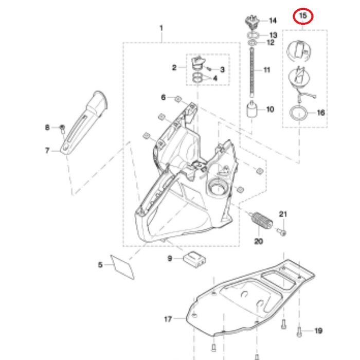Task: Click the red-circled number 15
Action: tap(303, 16)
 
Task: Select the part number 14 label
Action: tap(273, 21)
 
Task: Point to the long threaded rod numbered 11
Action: tap(252, 70)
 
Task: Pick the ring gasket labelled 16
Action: tap(297, 113)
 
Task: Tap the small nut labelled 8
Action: tap(62, 127)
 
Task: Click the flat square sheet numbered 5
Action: tap(122, 265)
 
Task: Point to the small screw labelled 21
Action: tap(282, 232)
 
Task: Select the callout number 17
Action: tap(168, 319)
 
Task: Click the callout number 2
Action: tap(174, 67)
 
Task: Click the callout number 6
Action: tap(164, 97)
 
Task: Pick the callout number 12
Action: tap(271, 42)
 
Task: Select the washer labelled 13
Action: tap(252, 35)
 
